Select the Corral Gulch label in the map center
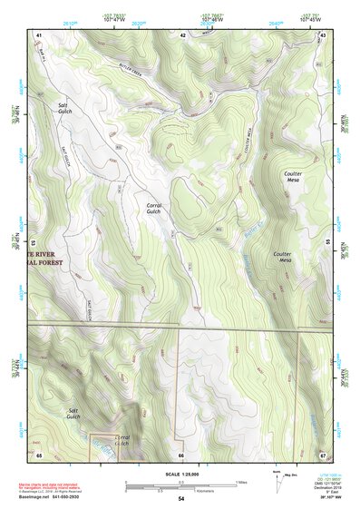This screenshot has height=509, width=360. (x=154, y=209)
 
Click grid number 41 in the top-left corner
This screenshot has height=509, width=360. (x=39, y=34)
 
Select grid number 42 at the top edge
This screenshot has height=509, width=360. (x=182, y=34)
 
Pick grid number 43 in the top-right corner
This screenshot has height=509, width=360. (x=324, y=34)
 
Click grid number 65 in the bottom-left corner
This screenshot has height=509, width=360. (x=39, y=455)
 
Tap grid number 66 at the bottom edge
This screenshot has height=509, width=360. (x=181, y=455)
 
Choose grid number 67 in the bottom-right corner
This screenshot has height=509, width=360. (x=324, y=455)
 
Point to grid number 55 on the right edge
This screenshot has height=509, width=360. (x=326, y=243)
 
